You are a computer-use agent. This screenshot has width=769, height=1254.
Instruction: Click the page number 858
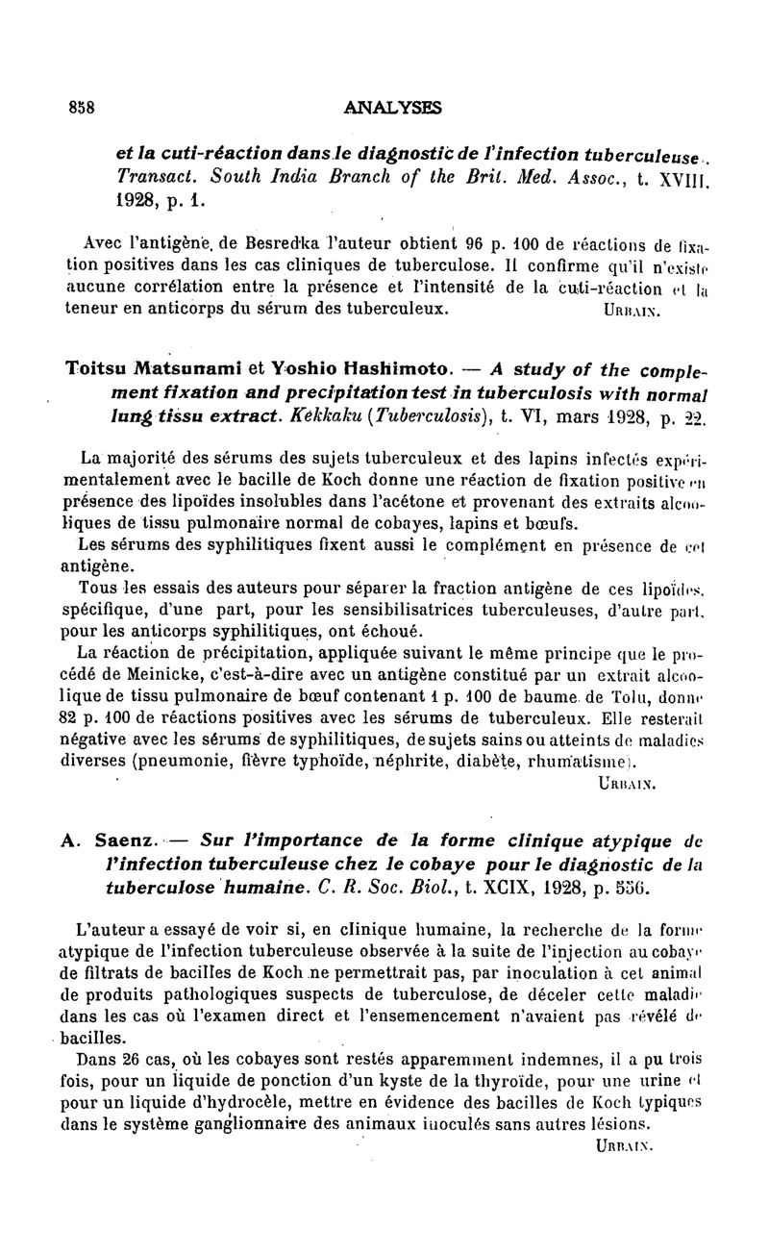coord(80,108)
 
